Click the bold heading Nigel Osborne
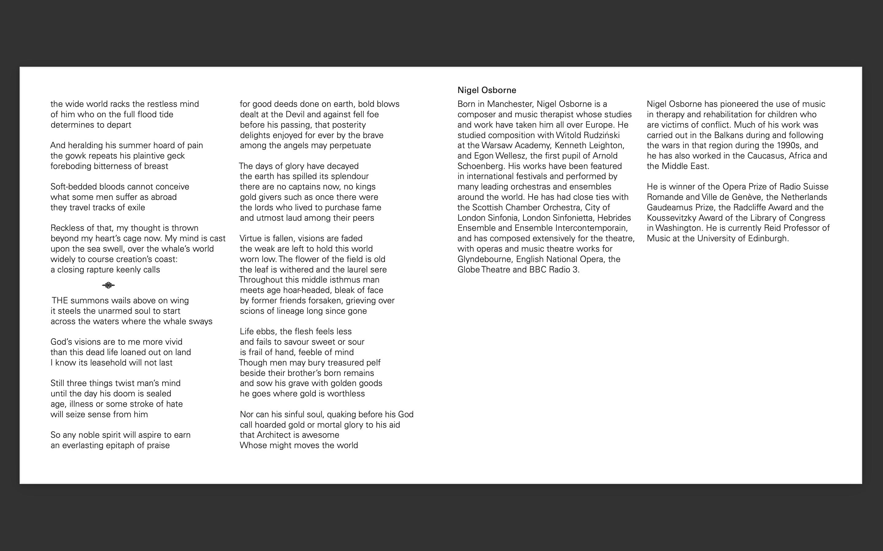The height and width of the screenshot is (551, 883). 487,90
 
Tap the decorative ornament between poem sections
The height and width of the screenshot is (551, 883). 108,285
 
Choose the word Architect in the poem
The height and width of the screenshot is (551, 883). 275,435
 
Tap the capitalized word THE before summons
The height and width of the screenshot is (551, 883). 60,301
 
